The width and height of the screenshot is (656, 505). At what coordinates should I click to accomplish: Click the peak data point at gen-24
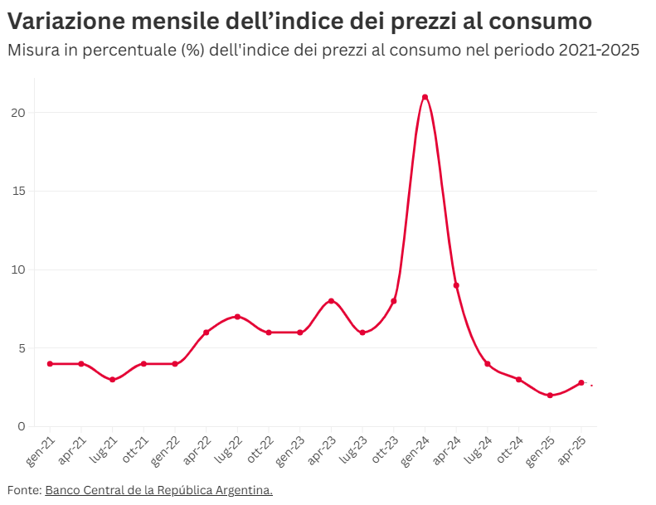[x=425, y=97]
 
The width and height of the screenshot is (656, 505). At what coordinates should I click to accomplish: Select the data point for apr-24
[x=456, y=285]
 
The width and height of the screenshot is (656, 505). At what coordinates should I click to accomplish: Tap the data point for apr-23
[x=331, y=301]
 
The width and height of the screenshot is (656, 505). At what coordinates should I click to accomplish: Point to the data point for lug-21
[x=112, y=380]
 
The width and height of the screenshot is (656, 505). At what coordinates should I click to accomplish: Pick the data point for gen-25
[x=550, y=396]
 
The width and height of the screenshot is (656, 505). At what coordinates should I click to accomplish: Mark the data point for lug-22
[x=237, y=317]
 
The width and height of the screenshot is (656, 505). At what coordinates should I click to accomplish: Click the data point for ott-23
[x=394, y=301]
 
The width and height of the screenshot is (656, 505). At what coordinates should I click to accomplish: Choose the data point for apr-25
[x=581, y=383]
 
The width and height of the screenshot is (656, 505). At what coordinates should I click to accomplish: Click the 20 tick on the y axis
[x=18, y=113]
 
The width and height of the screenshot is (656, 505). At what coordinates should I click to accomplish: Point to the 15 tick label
[x=18, y=192]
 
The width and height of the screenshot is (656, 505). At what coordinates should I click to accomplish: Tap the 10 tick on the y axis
[x=18, y=269]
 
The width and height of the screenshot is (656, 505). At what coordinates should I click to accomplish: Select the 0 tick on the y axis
[x=22, y=427]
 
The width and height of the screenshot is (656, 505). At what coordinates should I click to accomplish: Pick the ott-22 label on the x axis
[x=261, y=448]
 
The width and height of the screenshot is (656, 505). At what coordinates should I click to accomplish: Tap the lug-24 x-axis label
[x=480, y=448]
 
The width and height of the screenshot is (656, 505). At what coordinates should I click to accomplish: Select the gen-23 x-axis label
[x=293, y=448]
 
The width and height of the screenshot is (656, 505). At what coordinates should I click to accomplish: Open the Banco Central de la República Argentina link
[x=158, y=490]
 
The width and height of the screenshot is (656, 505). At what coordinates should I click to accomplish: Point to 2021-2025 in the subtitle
[x=599, y=51]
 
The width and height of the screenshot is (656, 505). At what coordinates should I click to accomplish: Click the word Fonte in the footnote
[x=23, y=490]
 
